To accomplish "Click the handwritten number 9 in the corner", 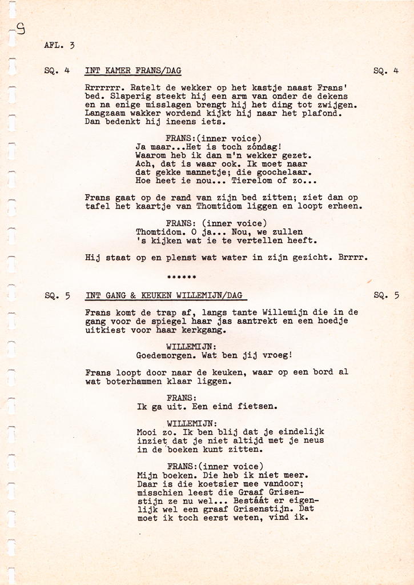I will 21,29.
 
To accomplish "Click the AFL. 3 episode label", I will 59,45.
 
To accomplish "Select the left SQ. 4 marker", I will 57,71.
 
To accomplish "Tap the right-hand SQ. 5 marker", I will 386,295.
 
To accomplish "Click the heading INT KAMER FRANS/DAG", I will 133,71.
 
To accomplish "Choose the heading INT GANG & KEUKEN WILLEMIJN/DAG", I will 164,295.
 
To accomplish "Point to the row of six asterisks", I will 182,278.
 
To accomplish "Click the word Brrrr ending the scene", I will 352,258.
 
